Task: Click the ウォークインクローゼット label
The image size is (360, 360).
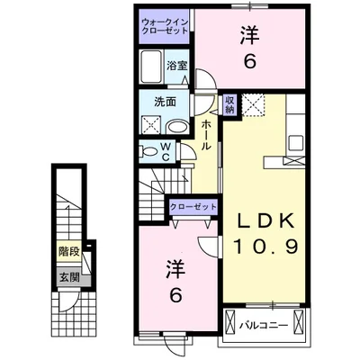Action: [x=165, y=25]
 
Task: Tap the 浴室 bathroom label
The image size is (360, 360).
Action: [x=177, y=66]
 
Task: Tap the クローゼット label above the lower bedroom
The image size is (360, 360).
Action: [x=193, y=207]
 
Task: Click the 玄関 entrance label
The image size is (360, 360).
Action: [x=68, y=276]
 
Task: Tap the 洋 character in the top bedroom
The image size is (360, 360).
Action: [x=249, y=36]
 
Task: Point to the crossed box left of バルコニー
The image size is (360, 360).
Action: [x=231, y=323]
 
